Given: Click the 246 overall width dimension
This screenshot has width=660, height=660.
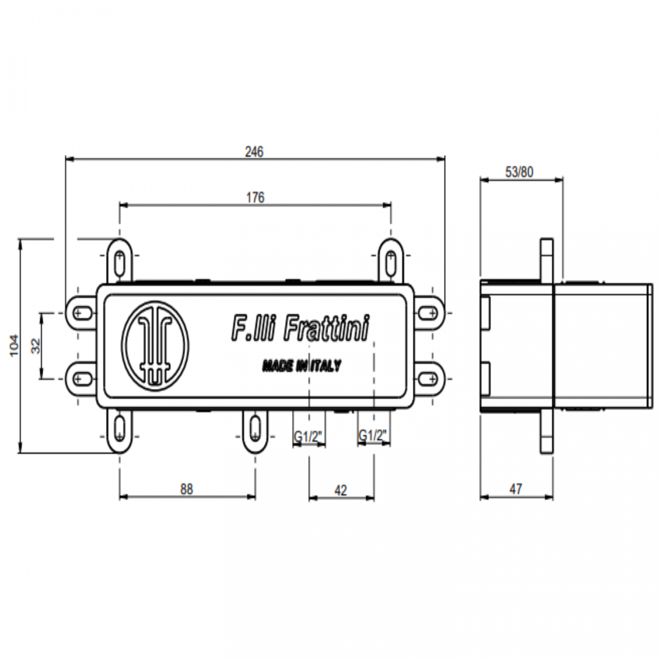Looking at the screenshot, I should coord(254,152).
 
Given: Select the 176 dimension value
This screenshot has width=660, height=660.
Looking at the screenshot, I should coord(255,197).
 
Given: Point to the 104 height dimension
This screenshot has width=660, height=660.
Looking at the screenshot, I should coord(14,345).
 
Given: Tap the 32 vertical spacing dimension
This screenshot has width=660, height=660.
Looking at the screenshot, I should coord(36,346).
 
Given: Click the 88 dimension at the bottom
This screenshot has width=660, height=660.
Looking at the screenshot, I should coord(186,489).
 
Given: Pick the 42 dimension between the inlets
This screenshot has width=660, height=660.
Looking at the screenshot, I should coord(341,490).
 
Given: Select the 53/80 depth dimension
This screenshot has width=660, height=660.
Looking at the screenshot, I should coord(519,172).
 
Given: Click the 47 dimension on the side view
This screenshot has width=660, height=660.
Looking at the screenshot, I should coord(516,489).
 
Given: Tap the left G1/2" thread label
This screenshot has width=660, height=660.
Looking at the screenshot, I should coord(308,436).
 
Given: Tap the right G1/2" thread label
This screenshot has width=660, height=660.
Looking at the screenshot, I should coord(373,435).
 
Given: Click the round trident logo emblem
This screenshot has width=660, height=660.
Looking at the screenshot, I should coord(155,346).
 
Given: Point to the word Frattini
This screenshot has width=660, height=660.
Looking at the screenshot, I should coord(326,328).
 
